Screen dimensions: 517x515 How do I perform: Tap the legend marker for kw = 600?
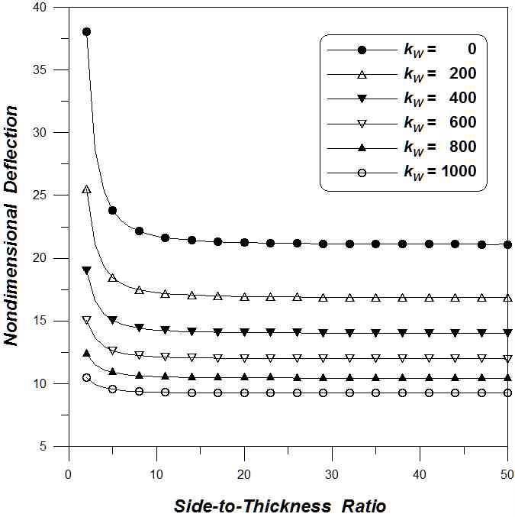tap(362, 123)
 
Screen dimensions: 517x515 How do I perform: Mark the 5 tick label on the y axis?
tap(53, 446)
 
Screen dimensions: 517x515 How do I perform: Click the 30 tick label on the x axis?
tap(332, 474)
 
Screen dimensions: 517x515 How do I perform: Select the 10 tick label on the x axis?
tap(156, 474)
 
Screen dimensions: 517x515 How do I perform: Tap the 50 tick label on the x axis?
tap(507, 474)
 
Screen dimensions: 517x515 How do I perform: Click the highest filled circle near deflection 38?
tap(86, 32)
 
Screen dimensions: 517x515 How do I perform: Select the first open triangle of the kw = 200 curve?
tap(86, 189)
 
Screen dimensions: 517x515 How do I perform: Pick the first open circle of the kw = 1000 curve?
tap(86, 377)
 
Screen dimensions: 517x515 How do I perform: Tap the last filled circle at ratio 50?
tap(507, 244)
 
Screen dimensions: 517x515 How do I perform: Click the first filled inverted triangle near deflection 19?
tap(86, 270)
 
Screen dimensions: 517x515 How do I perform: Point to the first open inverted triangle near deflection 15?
tap(86, 320)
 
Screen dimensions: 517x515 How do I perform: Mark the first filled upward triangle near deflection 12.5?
tap(86, 354)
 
